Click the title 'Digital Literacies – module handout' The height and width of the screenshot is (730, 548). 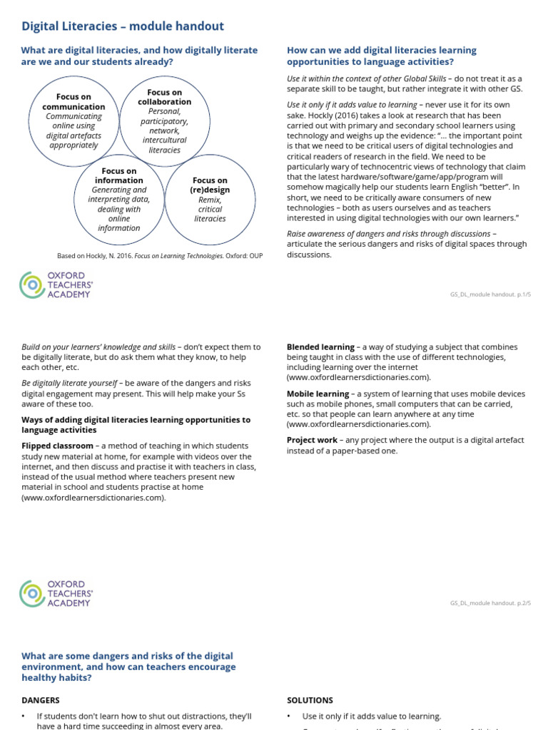123,26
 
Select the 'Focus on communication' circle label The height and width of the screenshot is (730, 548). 73,102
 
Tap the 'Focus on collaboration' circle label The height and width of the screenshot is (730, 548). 165,97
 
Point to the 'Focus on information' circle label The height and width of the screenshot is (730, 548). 119,176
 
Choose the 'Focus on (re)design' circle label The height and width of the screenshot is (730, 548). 210,185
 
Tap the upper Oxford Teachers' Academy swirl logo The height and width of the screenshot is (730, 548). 32,285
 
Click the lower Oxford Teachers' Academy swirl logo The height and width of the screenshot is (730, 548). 32,594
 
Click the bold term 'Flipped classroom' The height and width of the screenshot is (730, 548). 57,446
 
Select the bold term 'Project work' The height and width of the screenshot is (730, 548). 312,440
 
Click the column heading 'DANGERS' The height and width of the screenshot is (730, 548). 41,700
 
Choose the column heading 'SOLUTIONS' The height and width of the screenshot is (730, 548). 310,700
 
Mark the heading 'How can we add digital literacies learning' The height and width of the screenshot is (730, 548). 381,51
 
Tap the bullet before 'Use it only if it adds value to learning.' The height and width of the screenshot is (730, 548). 290,716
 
